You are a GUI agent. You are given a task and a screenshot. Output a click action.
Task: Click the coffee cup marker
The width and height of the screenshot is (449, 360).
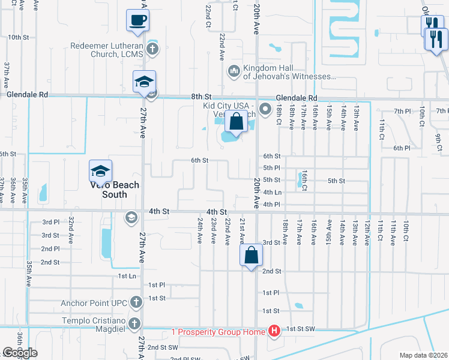tap(137, 20)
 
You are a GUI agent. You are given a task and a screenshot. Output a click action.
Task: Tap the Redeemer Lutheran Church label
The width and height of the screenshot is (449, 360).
tap(107, 50)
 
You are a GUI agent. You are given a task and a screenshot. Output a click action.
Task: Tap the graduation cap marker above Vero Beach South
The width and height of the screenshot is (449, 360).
tap(101, 172)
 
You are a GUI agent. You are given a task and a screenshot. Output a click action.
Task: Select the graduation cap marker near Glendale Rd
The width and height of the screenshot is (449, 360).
tap(144, 82)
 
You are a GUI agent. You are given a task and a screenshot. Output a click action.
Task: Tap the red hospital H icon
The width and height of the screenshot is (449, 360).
tap(274, 331)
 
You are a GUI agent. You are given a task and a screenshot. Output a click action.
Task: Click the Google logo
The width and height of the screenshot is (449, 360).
tap(20, 353)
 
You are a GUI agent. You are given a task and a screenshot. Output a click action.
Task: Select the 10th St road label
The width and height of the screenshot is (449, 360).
tap(19, 37)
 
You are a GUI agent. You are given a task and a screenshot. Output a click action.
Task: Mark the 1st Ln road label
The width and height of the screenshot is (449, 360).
tap(127, 276)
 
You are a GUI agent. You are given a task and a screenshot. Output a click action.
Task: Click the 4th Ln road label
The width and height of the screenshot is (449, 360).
tap(272, 193)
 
